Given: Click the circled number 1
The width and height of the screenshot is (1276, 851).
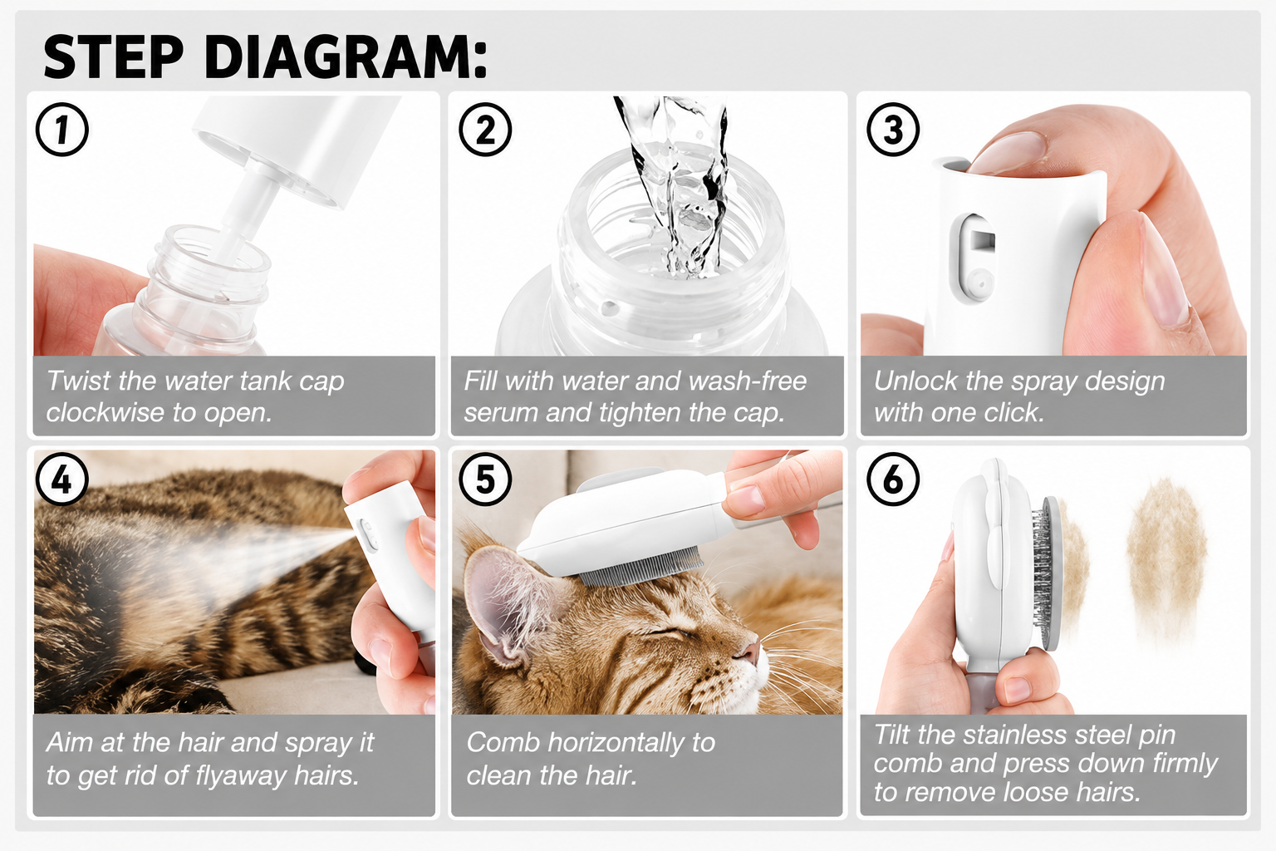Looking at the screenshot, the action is coord(62,130).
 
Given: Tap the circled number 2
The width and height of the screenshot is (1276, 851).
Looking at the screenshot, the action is coord(485,130).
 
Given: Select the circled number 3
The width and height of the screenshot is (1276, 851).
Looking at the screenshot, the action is coord(893,130).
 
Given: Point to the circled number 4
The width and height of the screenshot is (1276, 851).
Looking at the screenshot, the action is coord(62,480).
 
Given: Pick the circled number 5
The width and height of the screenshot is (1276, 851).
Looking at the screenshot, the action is coord(485,480).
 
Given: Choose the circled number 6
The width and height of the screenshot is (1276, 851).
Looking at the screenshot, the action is coord(893,480).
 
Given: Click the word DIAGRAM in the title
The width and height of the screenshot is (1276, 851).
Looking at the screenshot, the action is coord(346,57).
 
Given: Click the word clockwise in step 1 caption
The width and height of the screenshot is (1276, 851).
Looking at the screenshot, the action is coord(106,412).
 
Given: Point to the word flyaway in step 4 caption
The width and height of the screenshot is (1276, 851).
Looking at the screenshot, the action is coord(243,775).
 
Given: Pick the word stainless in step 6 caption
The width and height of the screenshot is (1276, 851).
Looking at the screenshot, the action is coord(1015,735).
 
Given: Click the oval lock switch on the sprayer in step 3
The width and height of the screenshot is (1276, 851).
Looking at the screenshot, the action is coord(976,258).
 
